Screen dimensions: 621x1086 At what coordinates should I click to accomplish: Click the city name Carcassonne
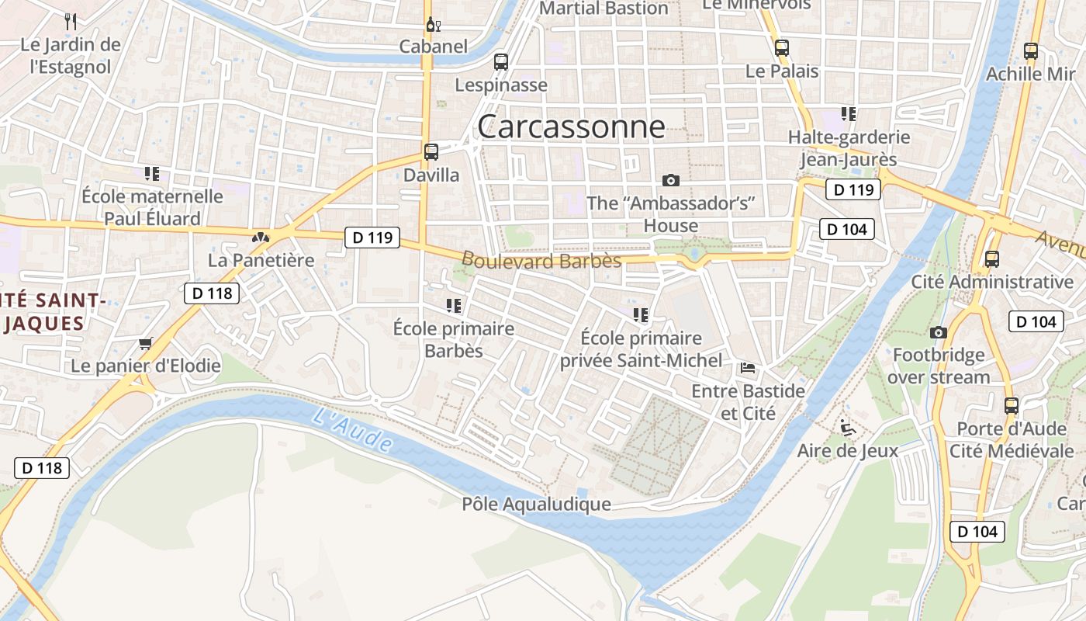coord(571,127)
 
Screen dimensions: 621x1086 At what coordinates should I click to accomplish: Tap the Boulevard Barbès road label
coord(541,260)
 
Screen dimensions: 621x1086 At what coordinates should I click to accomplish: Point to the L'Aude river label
coord(352,429)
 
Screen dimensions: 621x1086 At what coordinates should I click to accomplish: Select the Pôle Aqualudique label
coord(536,505)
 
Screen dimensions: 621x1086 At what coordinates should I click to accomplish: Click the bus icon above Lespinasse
coord(501,61)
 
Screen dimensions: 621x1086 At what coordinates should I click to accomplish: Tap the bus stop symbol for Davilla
coord(431,152)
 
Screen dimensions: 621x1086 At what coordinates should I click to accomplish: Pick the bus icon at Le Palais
coord(781,48)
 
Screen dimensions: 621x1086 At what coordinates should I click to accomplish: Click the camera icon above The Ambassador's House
coord(671,180)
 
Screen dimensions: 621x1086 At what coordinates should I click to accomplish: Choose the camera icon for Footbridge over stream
coord(938,332)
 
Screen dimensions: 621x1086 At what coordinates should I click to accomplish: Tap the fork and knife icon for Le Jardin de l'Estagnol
coord(71,21)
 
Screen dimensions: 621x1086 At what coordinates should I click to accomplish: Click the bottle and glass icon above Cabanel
coord(433,24)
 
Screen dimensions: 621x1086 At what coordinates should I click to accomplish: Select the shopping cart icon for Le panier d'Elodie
coord(145,342)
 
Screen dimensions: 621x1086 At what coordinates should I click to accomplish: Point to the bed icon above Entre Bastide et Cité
coord(748,367)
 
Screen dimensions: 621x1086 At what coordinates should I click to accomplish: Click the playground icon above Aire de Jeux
coord(848,428)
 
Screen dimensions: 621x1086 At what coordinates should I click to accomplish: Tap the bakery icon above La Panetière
coord(261,237)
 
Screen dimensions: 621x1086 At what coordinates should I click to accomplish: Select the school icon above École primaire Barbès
coord(454,306)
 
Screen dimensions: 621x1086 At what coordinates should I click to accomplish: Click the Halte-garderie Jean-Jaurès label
coord(849,148)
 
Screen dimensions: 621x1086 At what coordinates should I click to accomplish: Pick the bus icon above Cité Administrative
coord(991,258)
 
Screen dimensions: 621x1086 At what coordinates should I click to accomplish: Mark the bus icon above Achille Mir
coord(1030,51)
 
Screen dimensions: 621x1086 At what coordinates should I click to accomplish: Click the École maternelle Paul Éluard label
coord(152,207)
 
